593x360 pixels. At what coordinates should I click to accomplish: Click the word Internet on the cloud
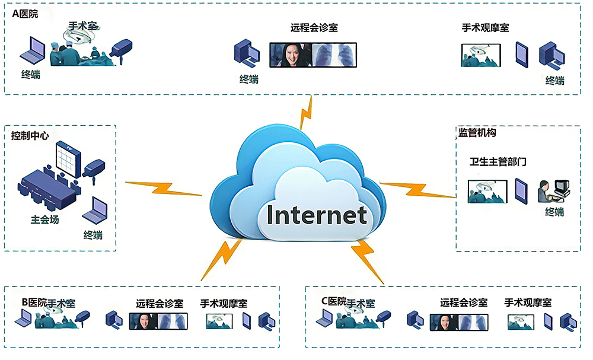(317, 214)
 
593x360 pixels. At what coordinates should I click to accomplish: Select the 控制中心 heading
(30, 136)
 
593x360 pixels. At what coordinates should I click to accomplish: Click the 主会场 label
(44, 219)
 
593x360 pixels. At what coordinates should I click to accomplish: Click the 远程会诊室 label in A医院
(314, 27)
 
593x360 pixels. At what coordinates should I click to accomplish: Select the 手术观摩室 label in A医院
(485, 27)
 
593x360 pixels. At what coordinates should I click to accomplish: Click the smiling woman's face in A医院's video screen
(290, 55)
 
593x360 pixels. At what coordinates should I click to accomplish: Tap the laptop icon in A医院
(32, 51)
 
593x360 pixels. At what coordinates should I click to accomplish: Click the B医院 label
(34, 302)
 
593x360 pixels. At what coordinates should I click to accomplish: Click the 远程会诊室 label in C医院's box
(464, 302)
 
